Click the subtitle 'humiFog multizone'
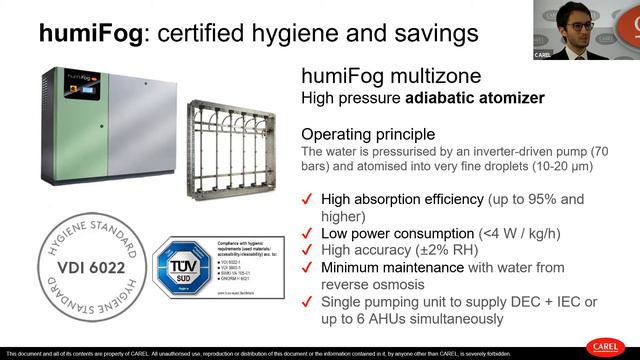pyautogui.click(x=385, y=76)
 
